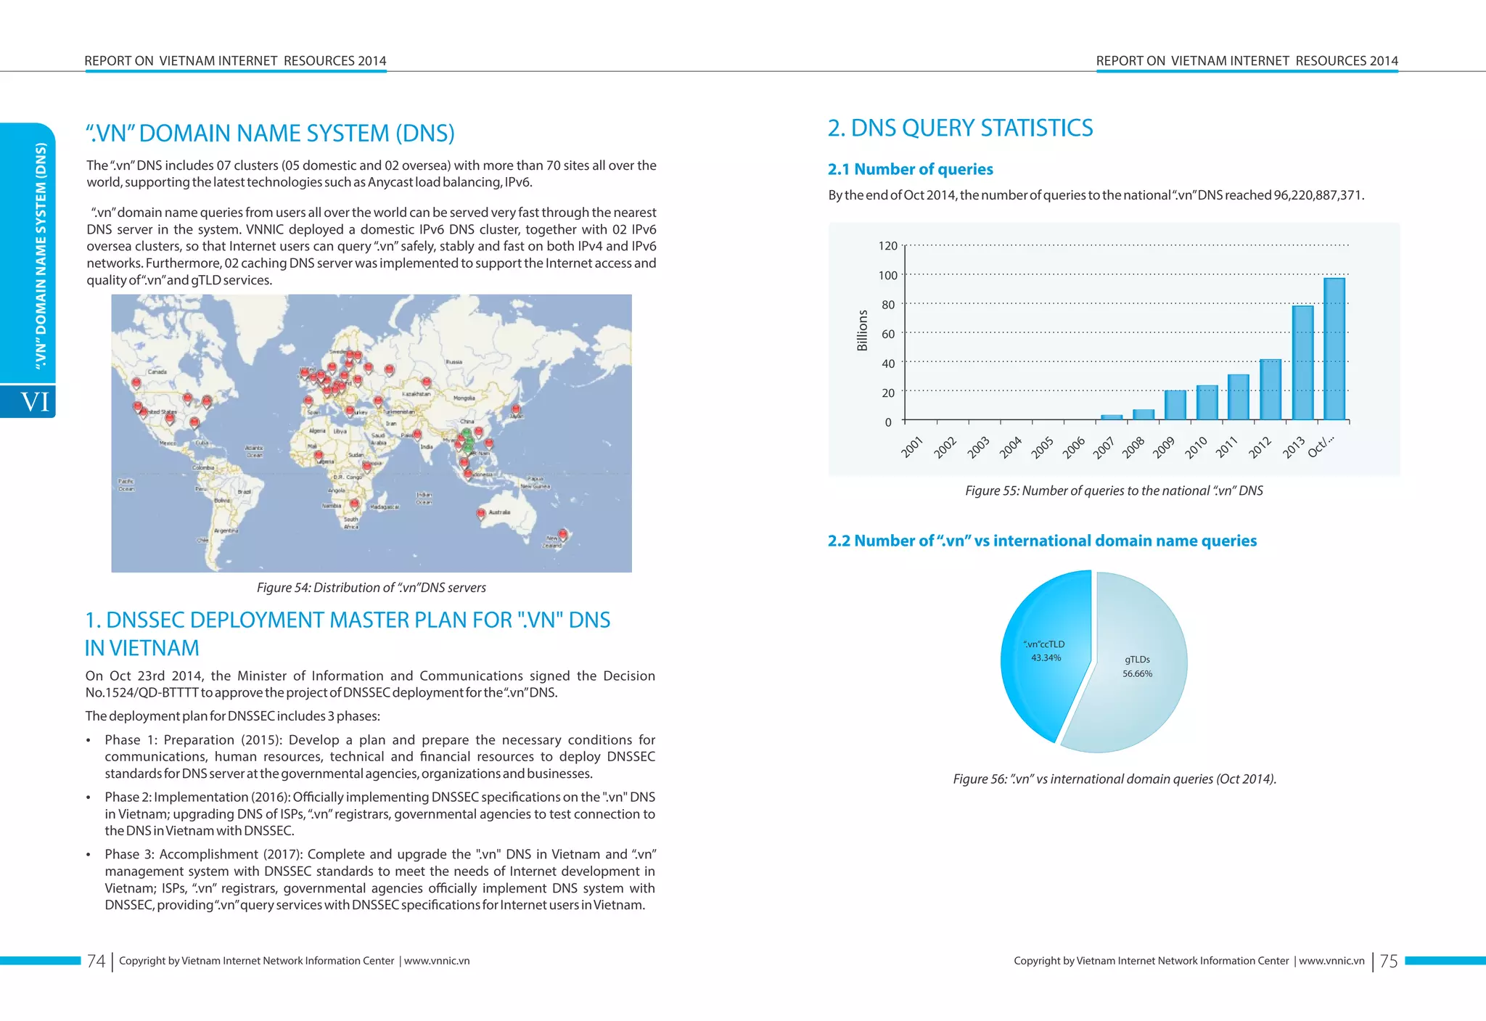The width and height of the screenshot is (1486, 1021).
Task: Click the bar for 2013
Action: pyautogui.click(x=1302, y=363)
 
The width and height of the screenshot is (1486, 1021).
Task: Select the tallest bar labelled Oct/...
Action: pyautogui.click(x=1334, y=349)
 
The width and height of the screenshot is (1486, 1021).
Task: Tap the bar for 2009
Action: pyautogui.click(x=1175, y=406)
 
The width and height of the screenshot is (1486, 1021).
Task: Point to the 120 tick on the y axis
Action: pyautogui.click(x=887, y=246)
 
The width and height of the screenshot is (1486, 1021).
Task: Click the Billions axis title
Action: pyautogui.click(x=863, y=331)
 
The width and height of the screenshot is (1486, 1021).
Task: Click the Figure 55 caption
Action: pyautogui.click(x=1114, y=491)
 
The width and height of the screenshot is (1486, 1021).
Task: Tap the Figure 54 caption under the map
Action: pyautogui.click(x=371, y=588)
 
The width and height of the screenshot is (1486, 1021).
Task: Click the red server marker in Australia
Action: pyautogui.click(x=480, y=514)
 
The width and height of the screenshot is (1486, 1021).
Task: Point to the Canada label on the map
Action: pyautogui.click(x=157, y=372)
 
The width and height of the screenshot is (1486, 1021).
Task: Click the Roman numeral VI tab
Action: pyautogui.click(x=34, y=401)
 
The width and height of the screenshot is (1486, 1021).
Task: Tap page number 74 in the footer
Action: pyautogui.click(x=96, y=961)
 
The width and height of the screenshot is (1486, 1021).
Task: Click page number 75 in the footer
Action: pyautogui.click(x=1388, y=961)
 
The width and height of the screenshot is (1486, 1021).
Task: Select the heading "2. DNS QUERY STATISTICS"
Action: pyautogui.click(x=960, y=128)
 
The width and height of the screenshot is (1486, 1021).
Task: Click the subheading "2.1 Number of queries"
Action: pyautogui.click(x=910, y=170)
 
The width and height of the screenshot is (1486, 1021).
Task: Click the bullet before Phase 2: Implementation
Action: pyautogui.click(x=89, y=797)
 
